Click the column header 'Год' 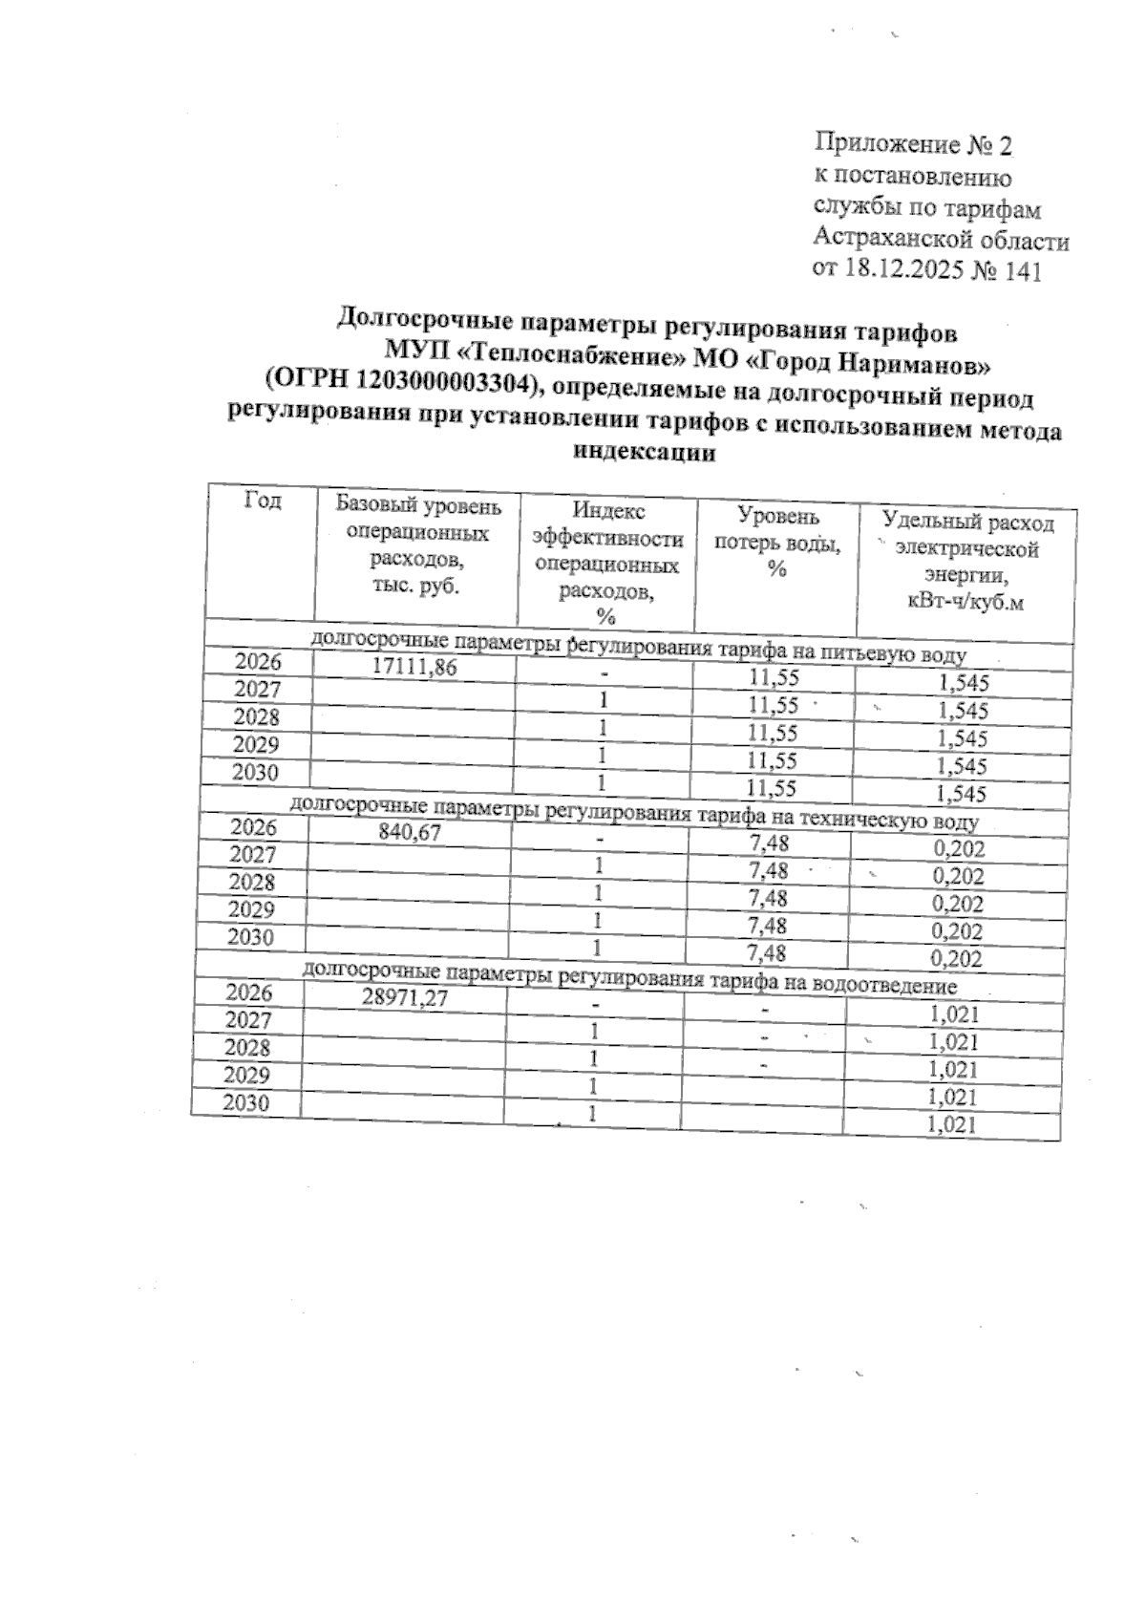click(264, 500)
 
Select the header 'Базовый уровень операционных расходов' click(417, 544)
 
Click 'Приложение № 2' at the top click(911, 146)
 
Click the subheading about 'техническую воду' click(633, 815)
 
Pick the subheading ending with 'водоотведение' click(629, 979)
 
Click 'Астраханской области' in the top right click(940, 239)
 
